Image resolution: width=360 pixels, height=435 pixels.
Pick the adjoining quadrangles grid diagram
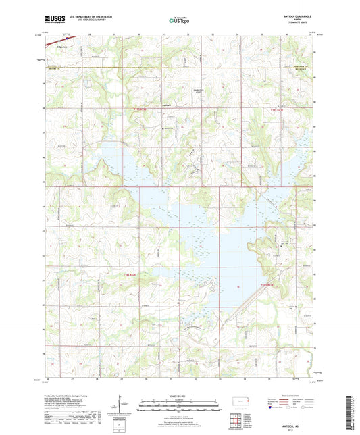coord(240,422)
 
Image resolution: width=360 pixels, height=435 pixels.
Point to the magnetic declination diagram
coord(120,408)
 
